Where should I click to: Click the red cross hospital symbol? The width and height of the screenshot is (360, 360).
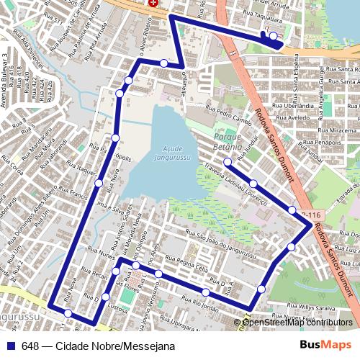[153, 3]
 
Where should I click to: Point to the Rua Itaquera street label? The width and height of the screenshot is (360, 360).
[81, 171]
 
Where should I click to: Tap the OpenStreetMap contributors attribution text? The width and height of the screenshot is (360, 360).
[298, 322]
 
